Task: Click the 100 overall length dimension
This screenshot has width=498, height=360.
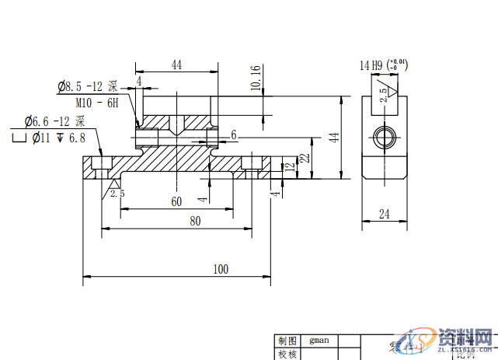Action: tap(221, 269)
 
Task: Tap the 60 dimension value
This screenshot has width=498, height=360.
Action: tap(176, 201)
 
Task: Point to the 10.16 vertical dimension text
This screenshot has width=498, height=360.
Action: tap(256, 77)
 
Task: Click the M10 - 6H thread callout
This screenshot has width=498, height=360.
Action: tap(97, 103)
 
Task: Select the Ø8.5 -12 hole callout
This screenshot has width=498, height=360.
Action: tap(87, 86)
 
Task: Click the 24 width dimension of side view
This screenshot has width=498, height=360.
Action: tap(384, 214)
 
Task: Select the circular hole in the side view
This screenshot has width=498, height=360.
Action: tap(384, 137)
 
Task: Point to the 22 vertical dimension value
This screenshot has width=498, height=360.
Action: tap(305, 157)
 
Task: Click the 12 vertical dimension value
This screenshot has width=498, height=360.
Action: tap(289, 166)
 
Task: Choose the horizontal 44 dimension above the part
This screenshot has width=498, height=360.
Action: tap(176, 66)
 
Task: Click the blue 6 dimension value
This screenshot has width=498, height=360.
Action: tap(233, 135)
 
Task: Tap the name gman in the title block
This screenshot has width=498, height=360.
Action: tap(319, 340)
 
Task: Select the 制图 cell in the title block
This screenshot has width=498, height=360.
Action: tap(287, 340)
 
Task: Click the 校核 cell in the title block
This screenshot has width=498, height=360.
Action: tap(287, 354)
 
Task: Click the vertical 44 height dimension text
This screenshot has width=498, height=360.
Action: tap(333, 137)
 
